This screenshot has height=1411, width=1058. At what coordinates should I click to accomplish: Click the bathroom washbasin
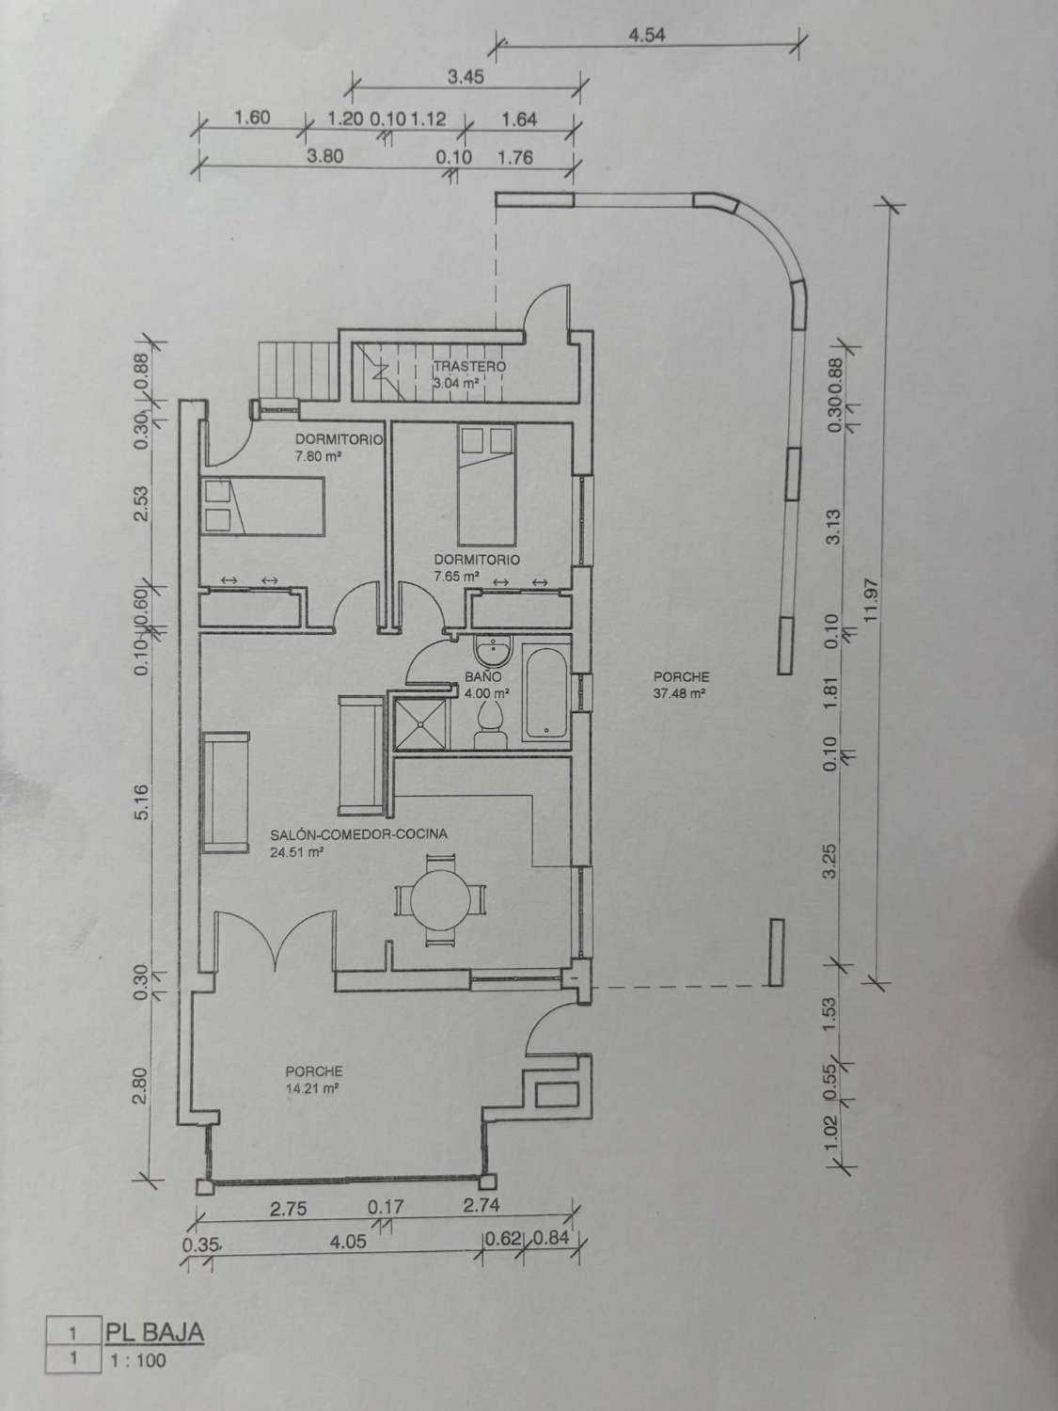coord(491,652)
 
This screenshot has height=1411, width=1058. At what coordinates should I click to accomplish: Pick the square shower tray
coord(421,718)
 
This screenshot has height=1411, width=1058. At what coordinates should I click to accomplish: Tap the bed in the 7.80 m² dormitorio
coord(263,506)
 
